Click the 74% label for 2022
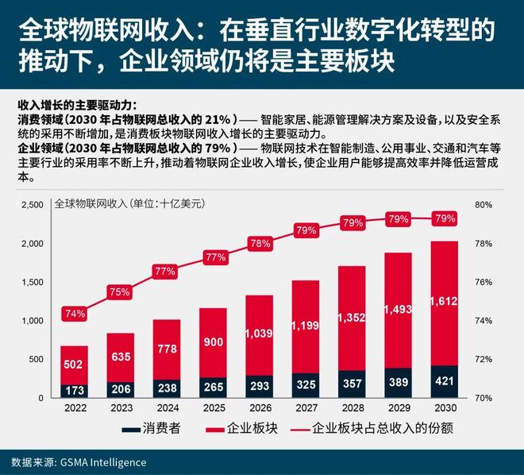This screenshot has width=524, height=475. tap(74, 313)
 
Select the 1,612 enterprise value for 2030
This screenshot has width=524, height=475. tap(444, 301)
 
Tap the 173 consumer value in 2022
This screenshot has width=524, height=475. tap(74, 391)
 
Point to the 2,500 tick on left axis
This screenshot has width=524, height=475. tap(32, 205)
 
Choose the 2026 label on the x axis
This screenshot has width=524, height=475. tap(259, 407)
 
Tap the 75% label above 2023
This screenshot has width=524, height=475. tap(120, 292)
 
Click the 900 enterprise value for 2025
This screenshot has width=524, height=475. tap(213, 342)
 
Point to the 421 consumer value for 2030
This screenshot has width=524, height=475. tap(444, 382)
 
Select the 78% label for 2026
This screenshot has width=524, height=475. tap(259, 244)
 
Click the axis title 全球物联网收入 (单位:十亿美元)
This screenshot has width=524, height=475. tap(129, 204)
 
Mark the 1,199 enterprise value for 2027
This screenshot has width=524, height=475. tap(305, 325)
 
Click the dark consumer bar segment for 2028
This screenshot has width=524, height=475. tap(352, 384)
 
